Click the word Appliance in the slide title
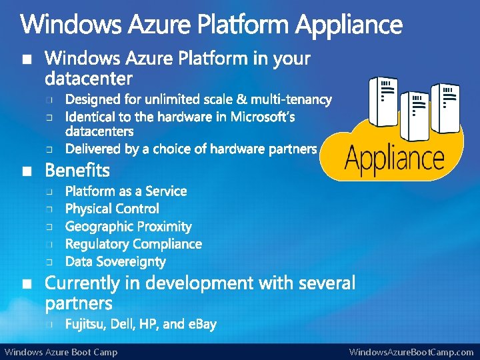349,26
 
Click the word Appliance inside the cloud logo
395,159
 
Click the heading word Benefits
77,170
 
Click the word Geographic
98,227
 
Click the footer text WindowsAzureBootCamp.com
411,352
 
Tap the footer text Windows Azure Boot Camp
61,352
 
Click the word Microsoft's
263,117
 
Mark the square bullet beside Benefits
26,171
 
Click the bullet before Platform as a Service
49,192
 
